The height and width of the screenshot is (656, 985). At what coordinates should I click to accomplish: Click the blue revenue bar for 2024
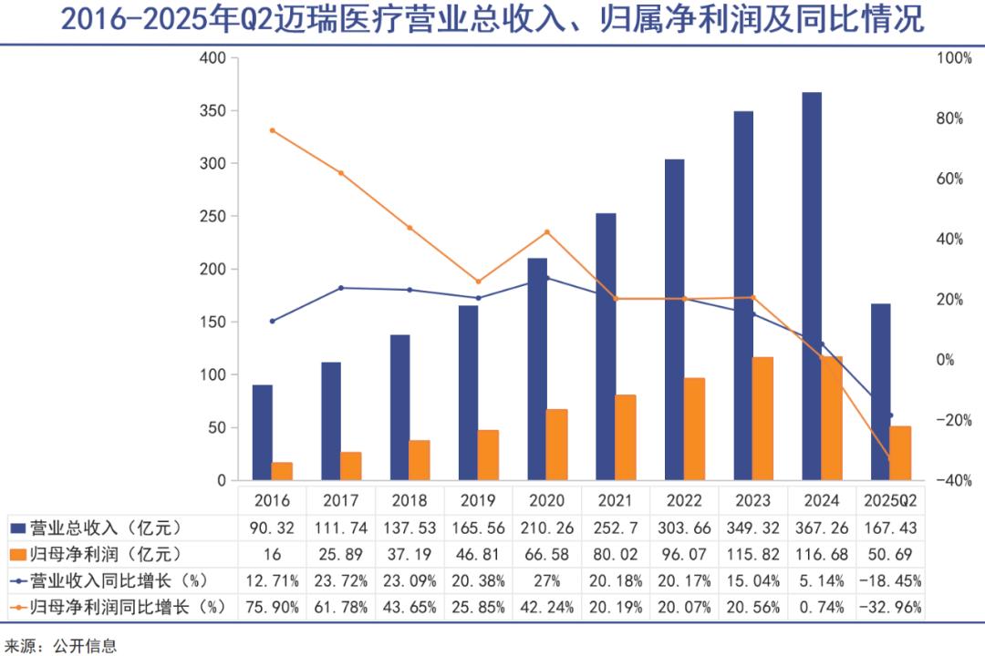point(812,286)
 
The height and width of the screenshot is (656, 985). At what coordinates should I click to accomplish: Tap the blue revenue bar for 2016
point(262,432)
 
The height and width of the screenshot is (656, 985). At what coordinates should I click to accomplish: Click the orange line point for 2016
point(272,130)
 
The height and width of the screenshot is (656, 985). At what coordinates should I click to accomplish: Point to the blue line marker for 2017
point(341,288)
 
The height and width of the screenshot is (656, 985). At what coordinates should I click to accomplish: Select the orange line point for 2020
point(547,232)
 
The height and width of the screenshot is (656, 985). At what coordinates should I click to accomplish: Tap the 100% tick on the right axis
point(955,58)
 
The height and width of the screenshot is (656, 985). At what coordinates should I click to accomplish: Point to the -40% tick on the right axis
point(955,480)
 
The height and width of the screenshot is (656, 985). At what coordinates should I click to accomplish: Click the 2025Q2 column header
point(890,500)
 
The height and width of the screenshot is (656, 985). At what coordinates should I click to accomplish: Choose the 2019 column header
point(478,500)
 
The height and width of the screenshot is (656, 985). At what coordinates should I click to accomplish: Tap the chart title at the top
point(493,20)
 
